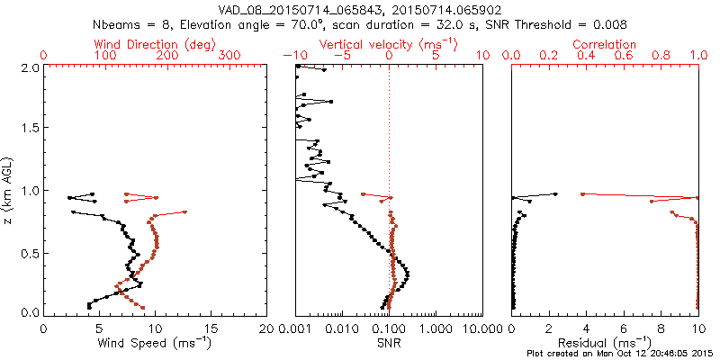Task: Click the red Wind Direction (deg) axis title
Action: [x=157, y=43]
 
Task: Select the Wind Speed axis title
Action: [x=156, y=342]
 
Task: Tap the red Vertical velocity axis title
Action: [x=388, y=43]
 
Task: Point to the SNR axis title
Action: [x=389, y=342]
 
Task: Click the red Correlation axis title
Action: [x=605, y=43]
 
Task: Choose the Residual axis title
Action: [x=606, y=342]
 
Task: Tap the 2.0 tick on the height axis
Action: [x=29, y=67]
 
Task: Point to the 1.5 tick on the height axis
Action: [x=29, y=129]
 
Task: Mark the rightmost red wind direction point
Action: [x=184, y=211]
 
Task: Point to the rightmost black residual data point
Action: [x=554, y=193]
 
